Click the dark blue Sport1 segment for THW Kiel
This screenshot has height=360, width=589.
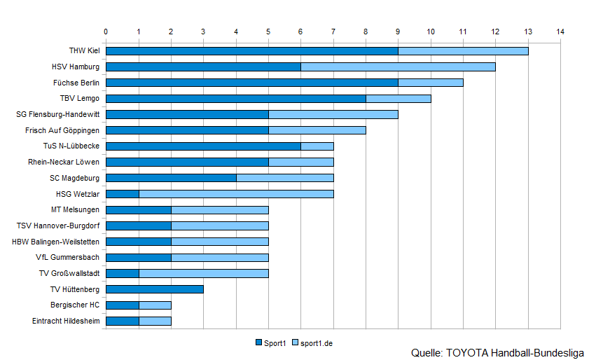(251, 50)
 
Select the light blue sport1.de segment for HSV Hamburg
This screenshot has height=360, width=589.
(398, 67)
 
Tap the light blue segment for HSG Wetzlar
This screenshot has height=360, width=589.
(235, 193)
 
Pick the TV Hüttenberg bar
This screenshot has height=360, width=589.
(154, 289)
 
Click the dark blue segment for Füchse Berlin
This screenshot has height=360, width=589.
(251, 82)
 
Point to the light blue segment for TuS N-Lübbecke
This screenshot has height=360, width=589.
(317, 146)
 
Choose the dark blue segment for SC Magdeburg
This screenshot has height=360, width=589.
(170, 178)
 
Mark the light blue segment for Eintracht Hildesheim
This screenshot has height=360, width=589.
(154, 321)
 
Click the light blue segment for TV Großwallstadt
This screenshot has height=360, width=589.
(203, 273)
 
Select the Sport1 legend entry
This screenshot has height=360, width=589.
(270, 342)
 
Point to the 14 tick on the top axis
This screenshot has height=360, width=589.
(560, 32)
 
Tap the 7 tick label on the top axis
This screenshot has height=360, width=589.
(333, 32)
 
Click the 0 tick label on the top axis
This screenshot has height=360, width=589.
(106, 32)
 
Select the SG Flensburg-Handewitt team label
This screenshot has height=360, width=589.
(57, 114)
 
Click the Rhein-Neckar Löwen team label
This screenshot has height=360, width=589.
(64, 162)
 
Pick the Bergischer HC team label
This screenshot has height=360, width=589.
(75, 305)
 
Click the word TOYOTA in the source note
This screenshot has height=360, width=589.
(468, 352)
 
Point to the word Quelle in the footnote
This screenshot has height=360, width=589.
(427, 352)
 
